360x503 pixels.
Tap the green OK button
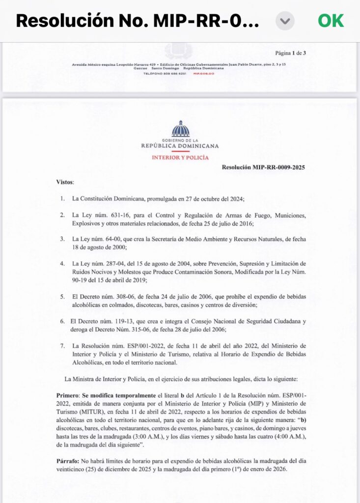(331, 21)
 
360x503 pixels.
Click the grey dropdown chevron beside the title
(285, 21)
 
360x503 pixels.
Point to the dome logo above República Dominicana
(180, 129)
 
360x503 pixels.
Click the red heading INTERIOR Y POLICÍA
(180, 158)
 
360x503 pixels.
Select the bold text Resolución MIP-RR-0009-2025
(263, 168)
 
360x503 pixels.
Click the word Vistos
(65, 182)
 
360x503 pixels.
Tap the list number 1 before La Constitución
(62, 199)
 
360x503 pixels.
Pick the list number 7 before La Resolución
(62, 346)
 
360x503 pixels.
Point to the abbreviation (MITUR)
(99, 412)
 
